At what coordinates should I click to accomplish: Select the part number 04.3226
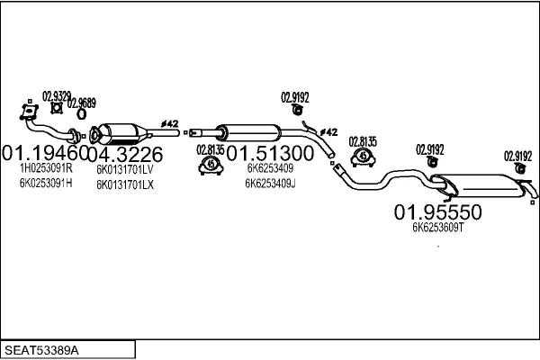coord(125,153)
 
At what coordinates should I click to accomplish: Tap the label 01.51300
coord(269,153)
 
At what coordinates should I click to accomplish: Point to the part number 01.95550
coord(438,212)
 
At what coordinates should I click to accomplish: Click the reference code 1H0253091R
coord(46,168)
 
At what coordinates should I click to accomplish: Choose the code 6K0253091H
coord(46,184)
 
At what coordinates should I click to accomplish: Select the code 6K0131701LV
coord(125,168)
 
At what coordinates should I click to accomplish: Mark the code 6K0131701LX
coord(125,184)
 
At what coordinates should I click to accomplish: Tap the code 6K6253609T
coord(437,228)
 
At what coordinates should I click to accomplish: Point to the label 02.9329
coord(57,95)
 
